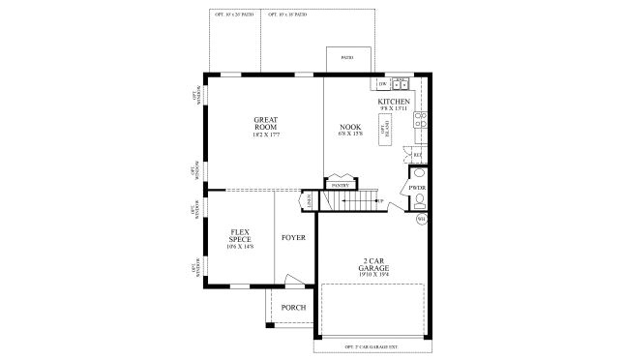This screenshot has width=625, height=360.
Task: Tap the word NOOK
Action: point(349,127)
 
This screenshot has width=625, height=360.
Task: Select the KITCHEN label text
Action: point(394,102)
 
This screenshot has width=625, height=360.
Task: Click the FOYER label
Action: point(293,237)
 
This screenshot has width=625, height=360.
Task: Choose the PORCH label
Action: point(293,308)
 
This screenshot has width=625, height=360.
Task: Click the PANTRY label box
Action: point(339,184)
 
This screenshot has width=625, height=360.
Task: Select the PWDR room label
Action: point(418,187)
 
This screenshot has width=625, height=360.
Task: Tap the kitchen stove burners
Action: point(420,121)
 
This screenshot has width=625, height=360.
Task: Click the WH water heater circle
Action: point(421,220)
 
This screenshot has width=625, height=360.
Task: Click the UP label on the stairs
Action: point(380,201)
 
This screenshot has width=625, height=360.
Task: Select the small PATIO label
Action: point(345,57)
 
